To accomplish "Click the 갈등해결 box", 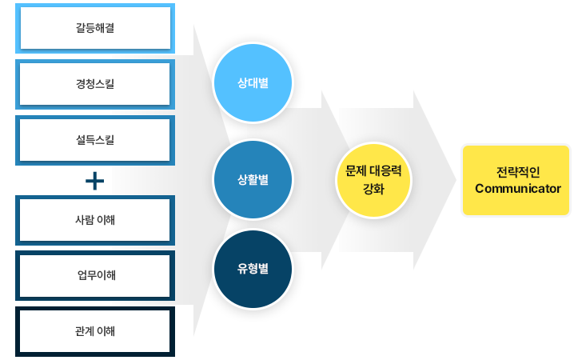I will [95, 29].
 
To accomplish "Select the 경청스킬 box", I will [95, 83].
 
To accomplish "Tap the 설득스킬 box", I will [95, 139].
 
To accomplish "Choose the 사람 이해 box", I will [95, 220].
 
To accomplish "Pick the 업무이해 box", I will [95, 276].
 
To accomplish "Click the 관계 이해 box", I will [95, 331].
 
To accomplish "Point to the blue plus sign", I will [95, 182].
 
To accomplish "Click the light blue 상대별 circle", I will [253, 82].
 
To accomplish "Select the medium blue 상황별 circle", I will [253, 180].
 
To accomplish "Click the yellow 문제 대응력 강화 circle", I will [373, 181].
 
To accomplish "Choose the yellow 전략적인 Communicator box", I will [517, 180].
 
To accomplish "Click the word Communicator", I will [517, 189].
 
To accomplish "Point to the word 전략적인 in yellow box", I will [517, 172].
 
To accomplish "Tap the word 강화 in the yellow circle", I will [373, 190].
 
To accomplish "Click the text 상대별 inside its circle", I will [253, 82].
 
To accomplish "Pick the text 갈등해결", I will [95, 29].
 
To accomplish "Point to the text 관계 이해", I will [95, 331].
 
